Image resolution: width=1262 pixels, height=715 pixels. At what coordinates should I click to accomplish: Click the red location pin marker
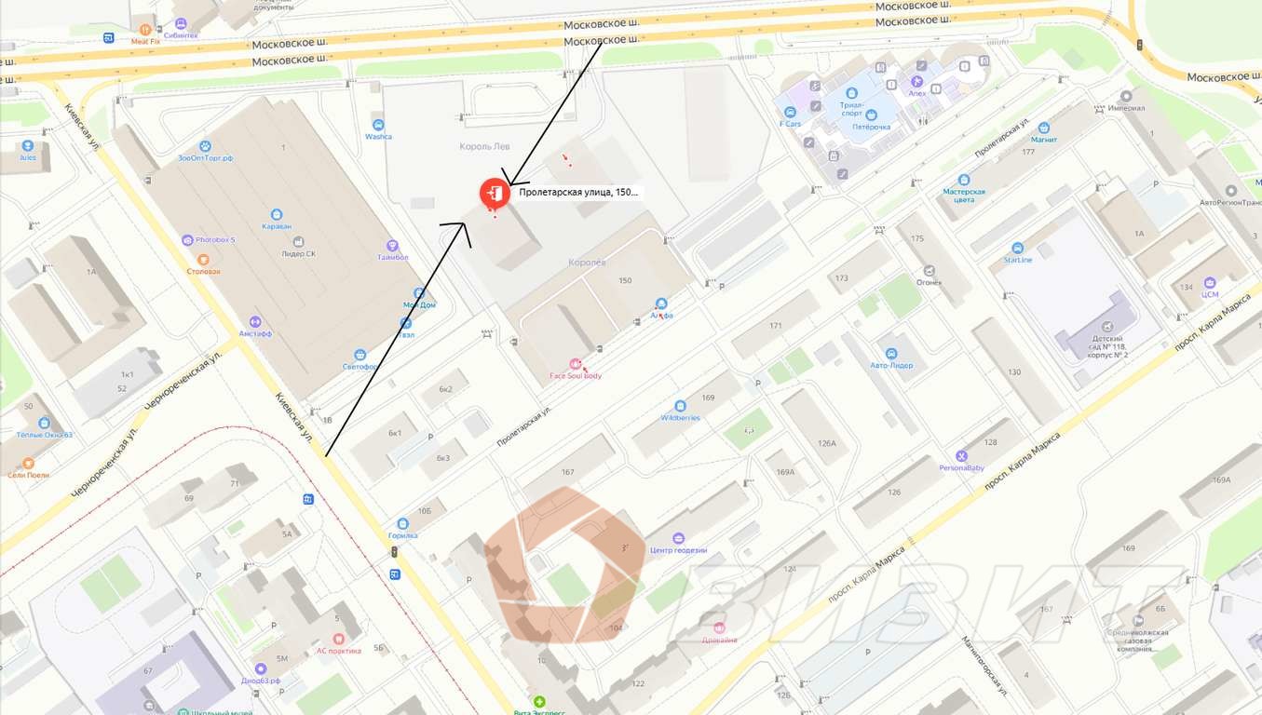pyautogui.click(x=494, y=194)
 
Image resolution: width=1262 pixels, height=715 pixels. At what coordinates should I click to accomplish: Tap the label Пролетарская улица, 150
pyautogui.click(x=578, y=192)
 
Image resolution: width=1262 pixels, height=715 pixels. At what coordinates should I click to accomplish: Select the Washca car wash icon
pyautogui.click(x=378, y=125)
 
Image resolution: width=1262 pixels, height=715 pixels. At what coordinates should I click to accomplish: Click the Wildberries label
pyautogui.click(x=680, y=418)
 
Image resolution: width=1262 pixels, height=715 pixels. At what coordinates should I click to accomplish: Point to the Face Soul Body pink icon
pyautogui.click(x=576, y=364)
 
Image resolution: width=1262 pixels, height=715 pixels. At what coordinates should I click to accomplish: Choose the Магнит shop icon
pyautogui.click(x=1044, y=128)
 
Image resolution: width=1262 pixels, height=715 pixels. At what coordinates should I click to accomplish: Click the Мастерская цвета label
pyautogui.click(x=964, y=195)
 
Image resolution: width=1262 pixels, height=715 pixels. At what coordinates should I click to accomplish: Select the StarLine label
pyautogui.click(x=1017, y=260)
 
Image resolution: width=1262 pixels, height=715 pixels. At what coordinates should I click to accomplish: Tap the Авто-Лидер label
pyautogui.click(x=891, y=366)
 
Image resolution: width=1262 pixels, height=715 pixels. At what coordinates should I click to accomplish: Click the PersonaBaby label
pyautogui.click(x=962, y=467)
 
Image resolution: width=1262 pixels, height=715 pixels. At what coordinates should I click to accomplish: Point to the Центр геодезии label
pyautogui.click(x=678, y=550)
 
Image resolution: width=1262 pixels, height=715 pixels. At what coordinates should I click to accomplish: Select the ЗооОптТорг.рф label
pyautogui.click(x=205, y=158)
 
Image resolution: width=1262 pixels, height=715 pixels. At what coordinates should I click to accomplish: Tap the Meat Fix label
pyautogui.click(x=145, y=42)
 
